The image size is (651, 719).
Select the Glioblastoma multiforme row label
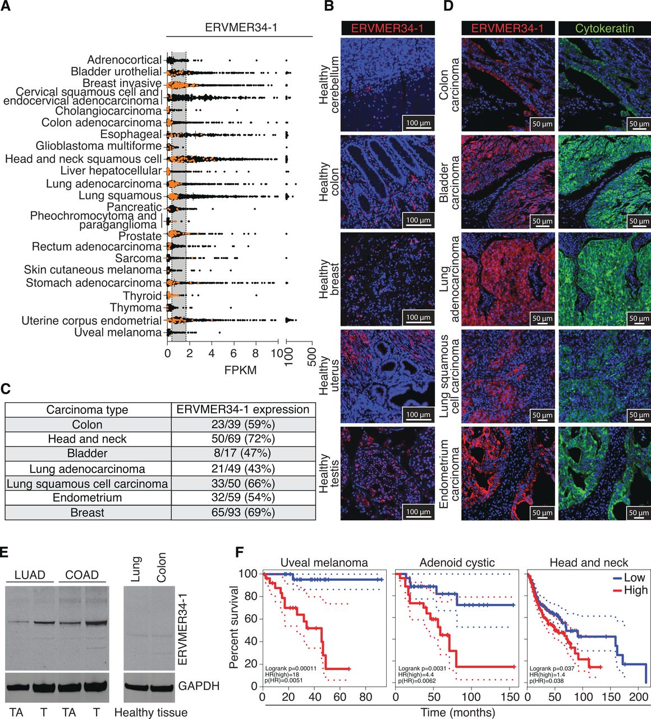[x=98, y=147]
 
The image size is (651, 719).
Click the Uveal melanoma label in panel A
[x=118, y=333]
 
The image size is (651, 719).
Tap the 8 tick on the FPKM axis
[x=256, y=353]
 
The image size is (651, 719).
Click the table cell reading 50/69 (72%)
[x=242, y=439]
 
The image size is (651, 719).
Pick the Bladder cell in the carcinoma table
[x=88, y=453]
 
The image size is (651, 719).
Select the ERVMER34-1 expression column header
[x=242, y=409]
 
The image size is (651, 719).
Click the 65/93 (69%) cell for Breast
[x=242, y=512]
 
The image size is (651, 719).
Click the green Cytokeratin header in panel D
[x=604, y=28]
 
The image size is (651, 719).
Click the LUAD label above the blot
[x=30, y=575]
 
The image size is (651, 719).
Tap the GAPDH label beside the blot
[x=199, y=686]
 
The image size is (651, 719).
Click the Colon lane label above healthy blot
[x=162, y=567]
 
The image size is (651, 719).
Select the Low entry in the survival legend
[x=628, y=577]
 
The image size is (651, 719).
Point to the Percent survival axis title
[x=235, y=627]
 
